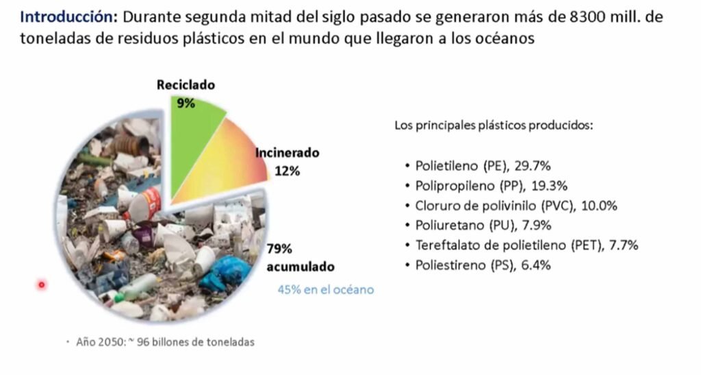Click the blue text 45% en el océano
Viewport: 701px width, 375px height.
tap(325, 290)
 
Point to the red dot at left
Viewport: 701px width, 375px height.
tap(42, 284)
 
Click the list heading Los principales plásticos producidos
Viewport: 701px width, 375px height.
tap(494, 126)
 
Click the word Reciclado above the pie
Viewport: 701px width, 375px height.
tap(186, 86)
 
